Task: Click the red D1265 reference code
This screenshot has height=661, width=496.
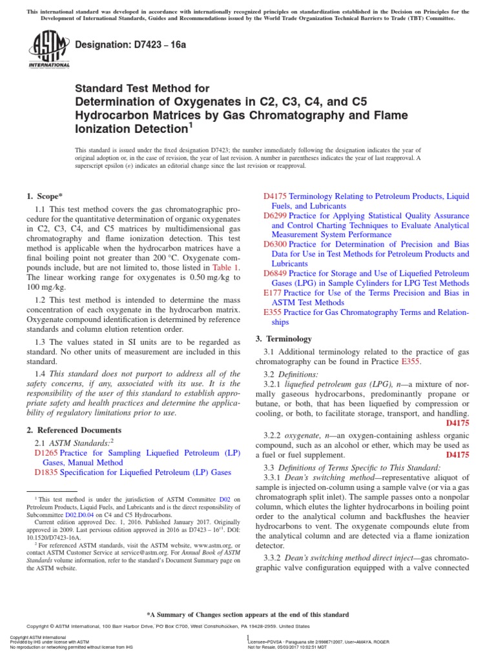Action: [x=46, y=453]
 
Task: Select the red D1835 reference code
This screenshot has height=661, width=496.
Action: [x=46, y=473]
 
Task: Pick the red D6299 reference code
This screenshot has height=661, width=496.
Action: [x=276, y=216]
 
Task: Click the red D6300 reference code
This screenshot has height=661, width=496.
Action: [x=276, y=245]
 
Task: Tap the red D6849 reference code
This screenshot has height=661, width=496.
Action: [x=276, y=274]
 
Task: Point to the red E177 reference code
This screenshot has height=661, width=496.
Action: [x=274, y=293]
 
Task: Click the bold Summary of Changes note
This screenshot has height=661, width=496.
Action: [x=248, y=615]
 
